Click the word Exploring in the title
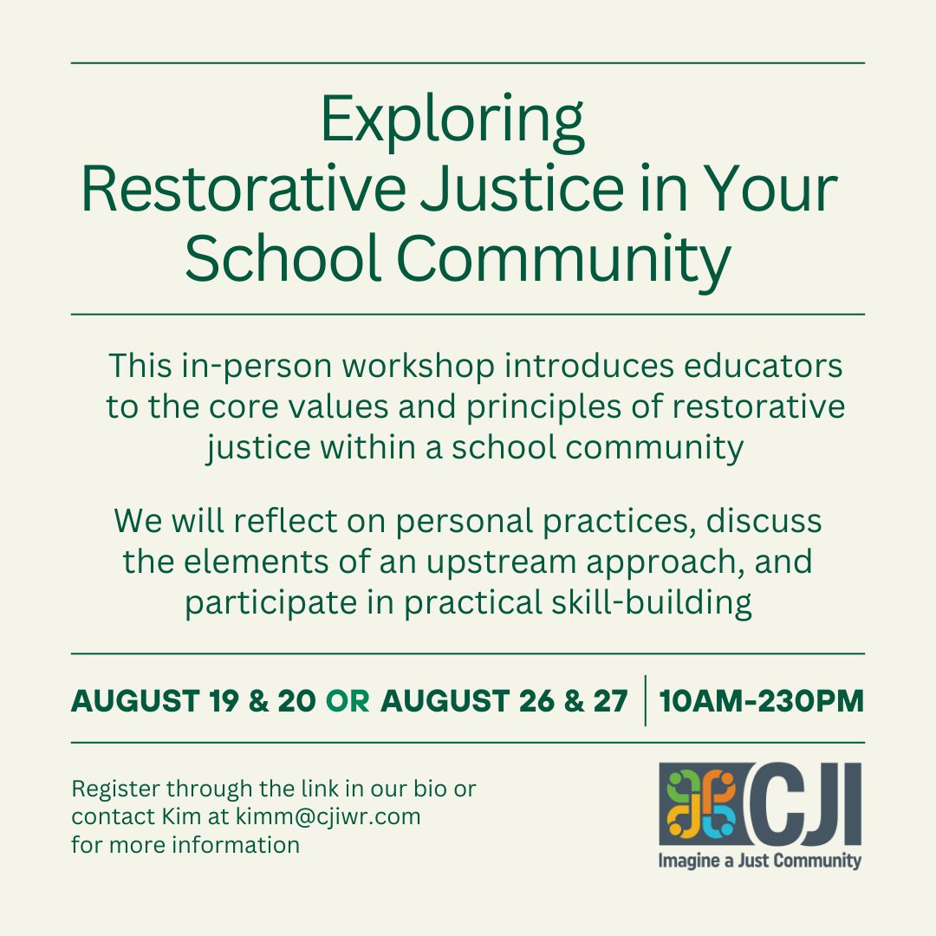(452, 122)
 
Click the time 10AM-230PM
(762, 700)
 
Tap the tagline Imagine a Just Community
(759, 861)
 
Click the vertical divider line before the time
(646, 700)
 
